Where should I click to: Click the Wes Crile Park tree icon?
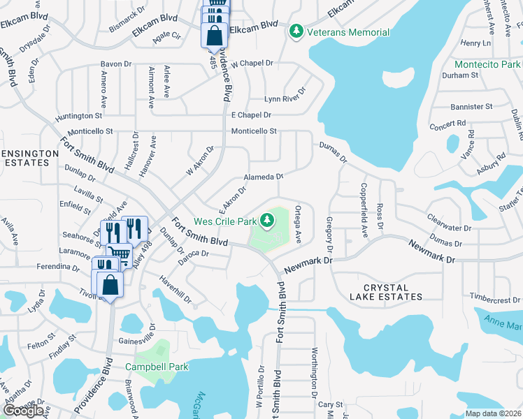(x=266, y=221)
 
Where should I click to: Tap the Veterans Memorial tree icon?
(x=296, y=31)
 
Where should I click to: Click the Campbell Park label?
(x=157, y=367)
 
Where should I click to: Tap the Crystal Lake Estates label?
(x=393, y=292)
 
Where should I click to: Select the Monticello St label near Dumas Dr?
(x=255, y=131)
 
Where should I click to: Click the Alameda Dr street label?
(x=263, y=177)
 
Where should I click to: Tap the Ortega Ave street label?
(x=298, y=223)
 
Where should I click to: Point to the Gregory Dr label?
(x=329, y=235)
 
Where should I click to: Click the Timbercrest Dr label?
(x=496, y=299)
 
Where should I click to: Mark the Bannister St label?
(x=471, y=107)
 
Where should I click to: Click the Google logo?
(x=23, y=411)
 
